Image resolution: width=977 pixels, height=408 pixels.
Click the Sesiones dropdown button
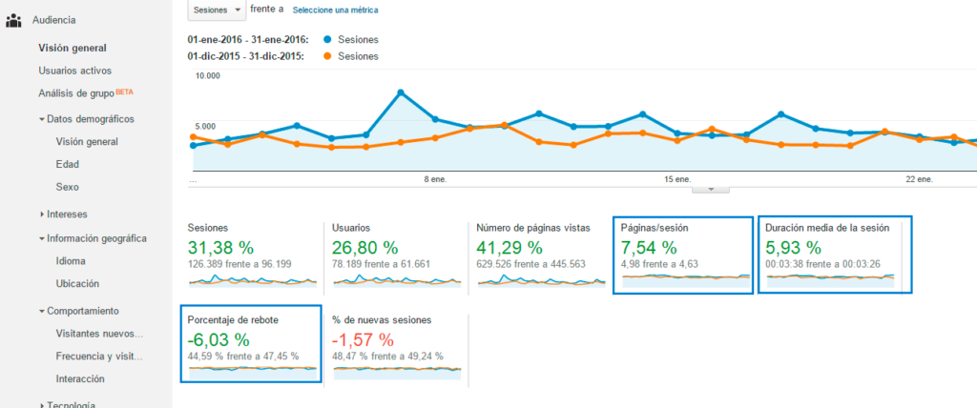click(218, 10)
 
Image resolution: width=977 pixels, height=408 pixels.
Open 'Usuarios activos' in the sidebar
click(74, 71)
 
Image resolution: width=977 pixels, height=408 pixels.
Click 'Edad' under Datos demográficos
click(68, 164)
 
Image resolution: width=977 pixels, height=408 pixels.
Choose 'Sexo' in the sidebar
click(67, 187)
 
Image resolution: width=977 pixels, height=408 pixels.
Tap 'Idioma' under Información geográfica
click(72, 260)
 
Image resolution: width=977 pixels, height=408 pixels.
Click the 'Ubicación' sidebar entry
click(77, 283)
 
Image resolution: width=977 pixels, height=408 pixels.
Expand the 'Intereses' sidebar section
click(68, 214)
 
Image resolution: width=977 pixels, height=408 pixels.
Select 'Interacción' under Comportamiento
click(80, 378)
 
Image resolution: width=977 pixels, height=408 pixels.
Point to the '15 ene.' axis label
click(676, 178)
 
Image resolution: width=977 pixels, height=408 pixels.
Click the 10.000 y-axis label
click(207, 76)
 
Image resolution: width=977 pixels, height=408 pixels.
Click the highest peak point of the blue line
click(401, 92)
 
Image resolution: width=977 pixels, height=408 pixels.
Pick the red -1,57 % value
click(363, 339)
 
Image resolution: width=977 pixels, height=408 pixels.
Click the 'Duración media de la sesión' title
click(827, 228)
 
